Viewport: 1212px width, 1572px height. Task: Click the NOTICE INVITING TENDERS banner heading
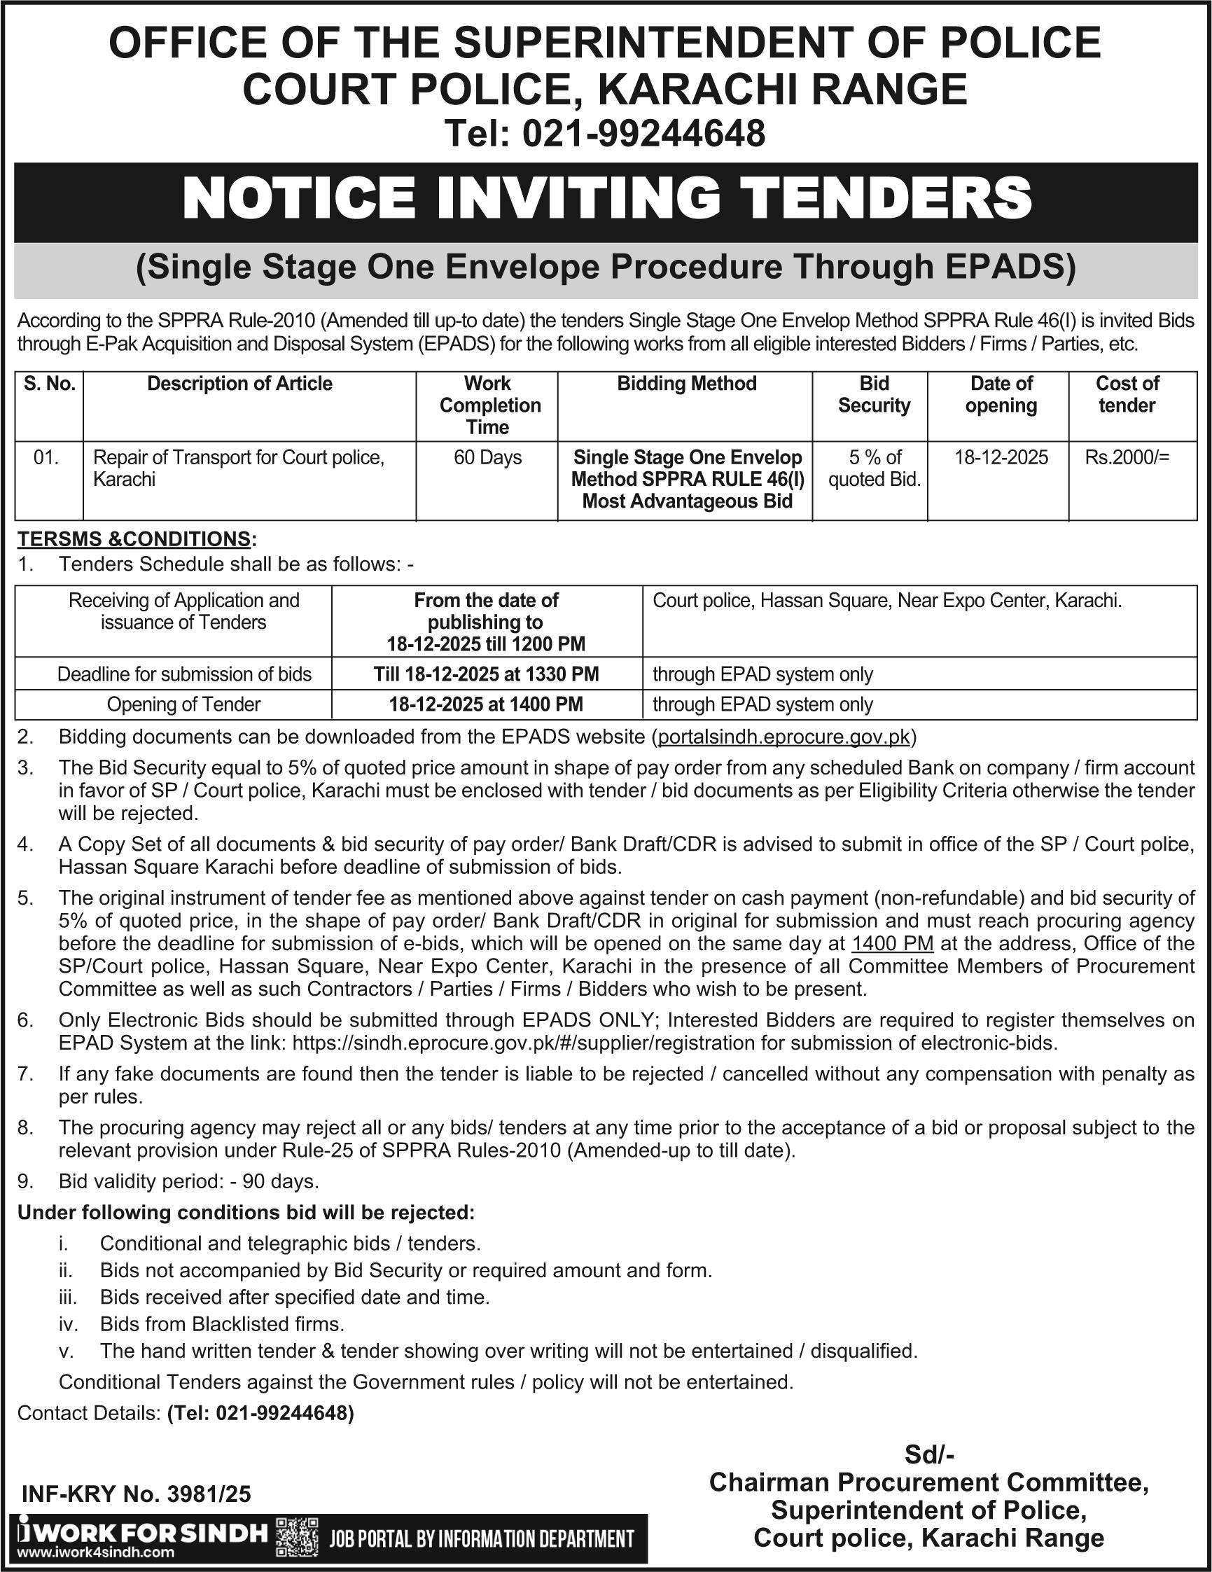[606, 199]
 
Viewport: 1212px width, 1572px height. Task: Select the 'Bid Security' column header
[874, 394]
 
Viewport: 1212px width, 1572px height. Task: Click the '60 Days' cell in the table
[487, 458]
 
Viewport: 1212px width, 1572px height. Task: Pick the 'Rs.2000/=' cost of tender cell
[1127, 458]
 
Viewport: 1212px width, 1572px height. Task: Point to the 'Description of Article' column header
[239, 384]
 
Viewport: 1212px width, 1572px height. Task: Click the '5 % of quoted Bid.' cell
[874, 468]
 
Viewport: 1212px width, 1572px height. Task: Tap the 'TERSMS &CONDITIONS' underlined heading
[134, 539]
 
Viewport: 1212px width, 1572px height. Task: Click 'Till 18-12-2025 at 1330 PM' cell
[486, 674]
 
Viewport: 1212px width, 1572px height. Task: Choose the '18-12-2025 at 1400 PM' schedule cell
[486, 704]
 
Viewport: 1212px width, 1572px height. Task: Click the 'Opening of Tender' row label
[183, 704]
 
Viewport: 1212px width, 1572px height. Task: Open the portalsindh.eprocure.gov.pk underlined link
[784, 737]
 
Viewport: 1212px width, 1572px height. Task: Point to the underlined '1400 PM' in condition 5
[893, 944]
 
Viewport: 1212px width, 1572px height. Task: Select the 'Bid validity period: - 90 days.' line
[188, 1182]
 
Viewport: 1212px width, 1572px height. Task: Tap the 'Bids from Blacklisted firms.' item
[222, 1323]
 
